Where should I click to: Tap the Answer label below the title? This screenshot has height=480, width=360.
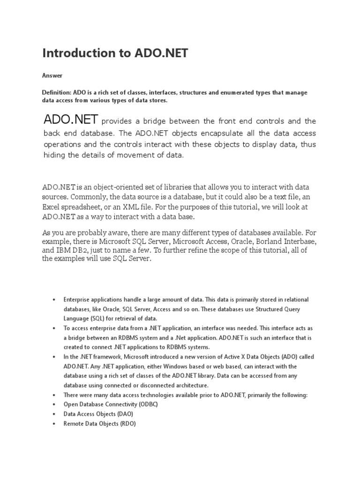52,75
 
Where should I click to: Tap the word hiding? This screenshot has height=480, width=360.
55,156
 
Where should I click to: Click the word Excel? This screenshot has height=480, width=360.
53,207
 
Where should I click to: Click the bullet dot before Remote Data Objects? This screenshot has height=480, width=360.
55,424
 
